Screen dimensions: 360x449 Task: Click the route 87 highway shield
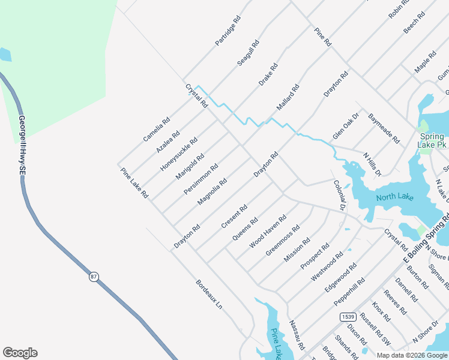click(94, 277)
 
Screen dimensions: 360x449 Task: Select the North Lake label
click(394, 197)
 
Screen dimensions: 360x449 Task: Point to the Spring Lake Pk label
click(432, 140)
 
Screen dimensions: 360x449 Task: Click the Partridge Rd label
click(228, 32)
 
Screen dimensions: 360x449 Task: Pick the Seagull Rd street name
click(248, 53)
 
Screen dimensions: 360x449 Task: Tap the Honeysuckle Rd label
click(178, 154)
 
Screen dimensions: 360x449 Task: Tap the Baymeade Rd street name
click(384, 128)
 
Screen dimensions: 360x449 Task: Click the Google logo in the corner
click(20, 353)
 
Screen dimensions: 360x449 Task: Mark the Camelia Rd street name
click(156, 130)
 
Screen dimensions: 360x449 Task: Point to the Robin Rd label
click(399, 10)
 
